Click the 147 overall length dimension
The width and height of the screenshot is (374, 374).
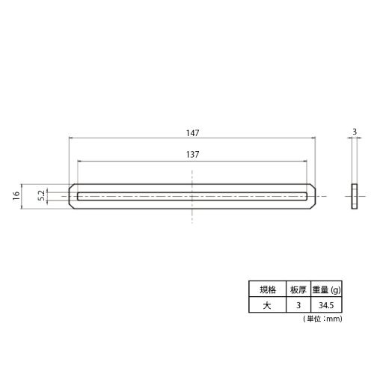[x=193, y=133]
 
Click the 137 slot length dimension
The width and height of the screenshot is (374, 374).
[x=193, y=155]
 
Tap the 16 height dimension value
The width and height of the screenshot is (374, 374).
[x=16, y=196]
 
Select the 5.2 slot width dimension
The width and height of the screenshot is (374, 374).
[x=42, y=195]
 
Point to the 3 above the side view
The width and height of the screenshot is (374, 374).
[x=355, y=132]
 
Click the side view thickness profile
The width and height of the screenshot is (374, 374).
[x=355, y=196]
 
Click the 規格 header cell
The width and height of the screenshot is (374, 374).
[x=268, y=289]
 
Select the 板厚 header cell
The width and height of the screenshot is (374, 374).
[x=298, y=289]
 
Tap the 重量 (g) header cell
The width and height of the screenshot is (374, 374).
[x=326, y=289]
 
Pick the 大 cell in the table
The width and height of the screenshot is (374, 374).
[x=267, y=305]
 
